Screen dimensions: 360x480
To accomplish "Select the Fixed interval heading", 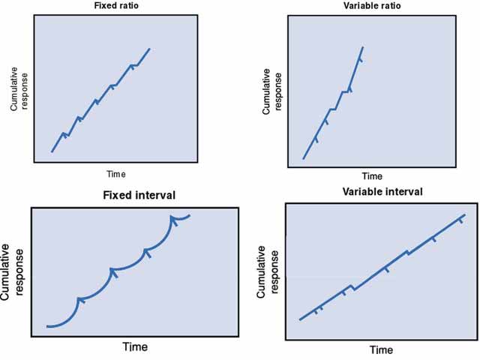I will (x=139, y=196).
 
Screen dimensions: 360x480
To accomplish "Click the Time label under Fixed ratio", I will (x=115, y=174).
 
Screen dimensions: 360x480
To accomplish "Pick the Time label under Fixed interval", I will (x=135, y=347).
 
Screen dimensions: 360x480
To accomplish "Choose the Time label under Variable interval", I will (x=380, y=350).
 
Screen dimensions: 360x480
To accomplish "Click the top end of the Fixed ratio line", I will (x=150, y=49).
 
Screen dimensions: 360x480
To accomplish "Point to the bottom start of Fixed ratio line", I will (x=52, y=151).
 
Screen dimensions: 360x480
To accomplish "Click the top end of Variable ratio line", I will (x=364, y=46).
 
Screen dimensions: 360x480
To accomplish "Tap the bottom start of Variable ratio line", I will (x=302, y=158).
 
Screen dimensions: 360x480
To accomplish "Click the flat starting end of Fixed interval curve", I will (x=48, y=326).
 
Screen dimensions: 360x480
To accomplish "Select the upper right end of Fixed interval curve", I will (x=190, y=215).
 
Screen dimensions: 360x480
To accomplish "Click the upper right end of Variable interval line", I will (x=465, y=215).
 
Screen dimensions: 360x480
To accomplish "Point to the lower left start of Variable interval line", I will (x=300, y=320).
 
